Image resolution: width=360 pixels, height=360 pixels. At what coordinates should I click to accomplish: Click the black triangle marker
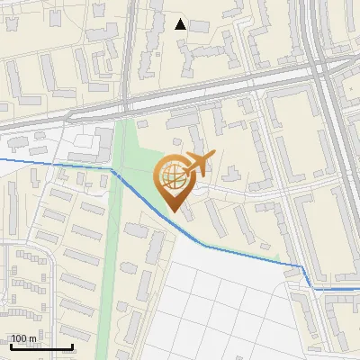tap(181, 24)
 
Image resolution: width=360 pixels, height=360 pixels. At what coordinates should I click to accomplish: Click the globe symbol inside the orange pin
tap(172, 178)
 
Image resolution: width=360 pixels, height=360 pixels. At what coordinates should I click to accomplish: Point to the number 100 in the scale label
tap(19, 339)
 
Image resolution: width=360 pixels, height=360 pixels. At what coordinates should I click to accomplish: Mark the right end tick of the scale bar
tap(73, 346)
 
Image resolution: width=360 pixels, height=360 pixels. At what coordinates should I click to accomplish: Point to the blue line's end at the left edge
tap(2, 158)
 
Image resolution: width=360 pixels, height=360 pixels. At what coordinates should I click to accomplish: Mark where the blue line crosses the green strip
tap(113, 169)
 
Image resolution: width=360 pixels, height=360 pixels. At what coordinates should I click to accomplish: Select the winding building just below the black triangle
tap(193, 59)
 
